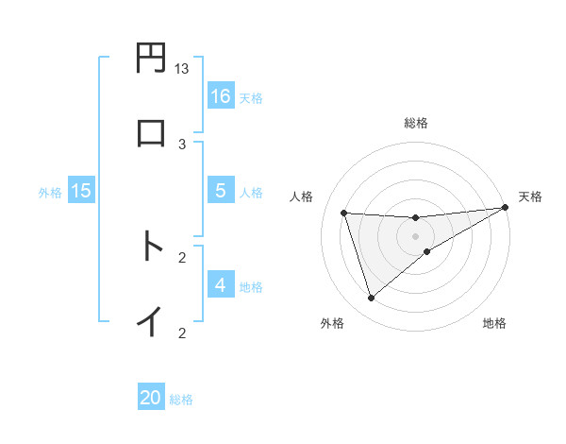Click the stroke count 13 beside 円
182,69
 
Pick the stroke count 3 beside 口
182,144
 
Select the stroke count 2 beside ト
182,257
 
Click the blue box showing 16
221,96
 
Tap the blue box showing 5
221,191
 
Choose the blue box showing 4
221,285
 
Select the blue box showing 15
81,191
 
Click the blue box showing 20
151,398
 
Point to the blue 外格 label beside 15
50,192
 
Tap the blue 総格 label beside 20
181,400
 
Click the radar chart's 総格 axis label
416,123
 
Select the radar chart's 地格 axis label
494,323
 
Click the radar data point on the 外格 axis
371,299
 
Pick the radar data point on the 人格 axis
344,213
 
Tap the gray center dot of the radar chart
416,236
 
